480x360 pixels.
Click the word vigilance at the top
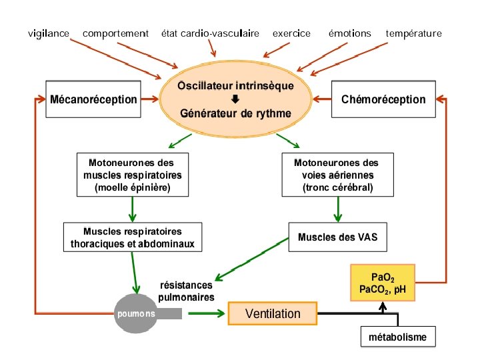[49, 33]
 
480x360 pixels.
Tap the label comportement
[115, 33]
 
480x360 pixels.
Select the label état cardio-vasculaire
[210, 33]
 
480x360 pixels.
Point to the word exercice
[291, 33]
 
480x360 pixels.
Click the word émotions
[349, 33]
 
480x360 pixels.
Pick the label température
[413, 33]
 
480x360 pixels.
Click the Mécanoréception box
[94, 99]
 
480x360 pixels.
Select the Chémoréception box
[383, 99]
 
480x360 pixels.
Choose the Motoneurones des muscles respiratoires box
[133, 175]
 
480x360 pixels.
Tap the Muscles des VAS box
[337, 237]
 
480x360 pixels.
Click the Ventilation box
[273, 313]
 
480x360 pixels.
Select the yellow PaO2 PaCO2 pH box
[383, 283]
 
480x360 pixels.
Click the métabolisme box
[397, 337]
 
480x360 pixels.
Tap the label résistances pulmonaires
[186, 291]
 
